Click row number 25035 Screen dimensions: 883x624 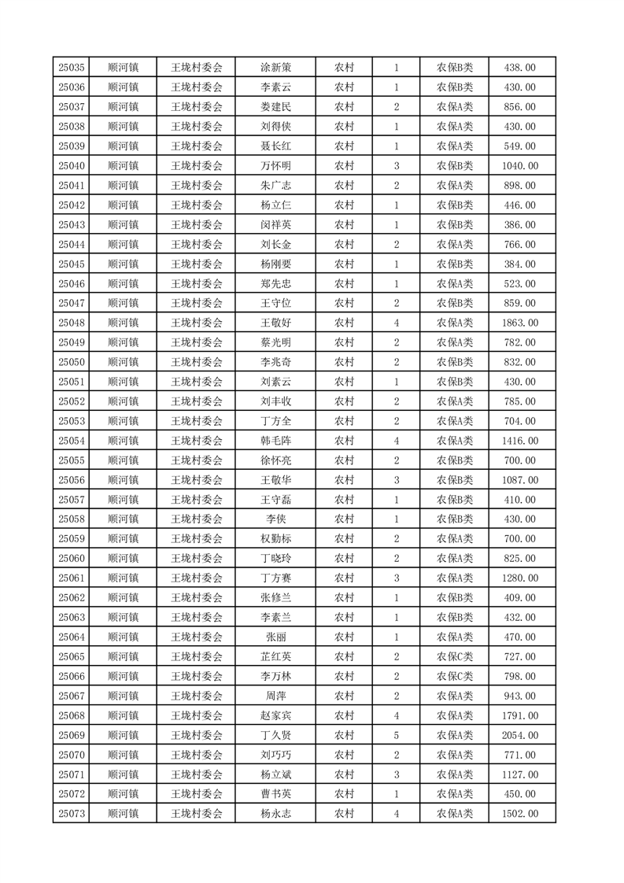(x=72, y=68)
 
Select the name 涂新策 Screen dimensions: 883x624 (x=275, y=68)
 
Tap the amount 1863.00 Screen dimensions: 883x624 (x=519, y=323)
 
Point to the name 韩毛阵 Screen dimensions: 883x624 (x=275, y=441)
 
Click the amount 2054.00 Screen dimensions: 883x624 (x=519, y=735)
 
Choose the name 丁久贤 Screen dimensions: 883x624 (x=275, y=735)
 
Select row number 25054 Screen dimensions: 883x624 (x=72, y=441)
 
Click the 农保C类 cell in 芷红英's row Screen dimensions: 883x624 (x=455, y=656)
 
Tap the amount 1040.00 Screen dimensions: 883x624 (x=519, y=166)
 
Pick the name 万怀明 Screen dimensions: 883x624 (x=275, y=166)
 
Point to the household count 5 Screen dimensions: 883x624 (x=396, y=735)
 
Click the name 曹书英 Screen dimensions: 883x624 (x=275, y=794)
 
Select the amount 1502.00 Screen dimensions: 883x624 (x=519, y=814)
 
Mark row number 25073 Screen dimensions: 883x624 (x=72, y=814)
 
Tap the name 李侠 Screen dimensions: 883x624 (x=275, y=519)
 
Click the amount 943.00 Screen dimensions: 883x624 (x=519, y=696)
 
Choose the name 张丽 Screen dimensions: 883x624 (x=275, y=637)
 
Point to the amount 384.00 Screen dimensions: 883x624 (x=519, y=264)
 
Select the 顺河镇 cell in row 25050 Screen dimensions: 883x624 (x=123, y=362)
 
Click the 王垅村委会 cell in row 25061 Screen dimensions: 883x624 (x=197, y=578)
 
